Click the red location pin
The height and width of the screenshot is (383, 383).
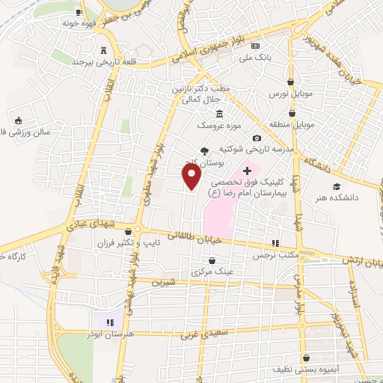[x=192, y=177]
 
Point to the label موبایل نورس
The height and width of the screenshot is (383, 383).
[x=289, y=96]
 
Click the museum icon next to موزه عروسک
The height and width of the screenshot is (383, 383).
[x=219, y=114]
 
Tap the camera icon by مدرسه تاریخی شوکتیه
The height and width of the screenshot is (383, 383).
[x=257, y=138]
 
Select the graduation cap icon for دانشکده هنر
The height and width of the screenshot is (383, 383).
[x=336, y=186]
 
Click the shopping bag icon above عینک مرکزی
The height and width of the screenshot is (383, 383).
[x=212, y=260]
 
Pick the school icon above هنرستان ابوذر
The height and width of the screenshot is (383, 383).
[x=110, y=322]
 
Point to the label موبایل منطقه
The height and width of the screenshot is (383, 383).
[x=292, y=122]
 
